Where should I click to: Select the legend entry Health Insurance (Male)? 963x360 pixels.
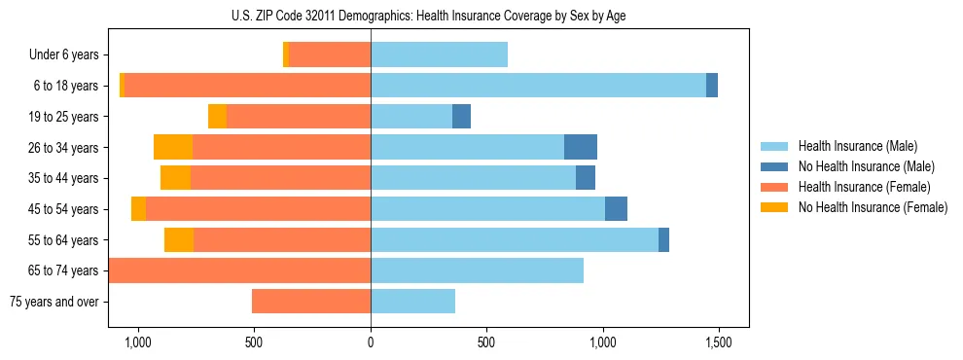(856, 146)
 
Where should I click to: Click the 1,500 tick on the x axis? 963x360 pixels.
(719, 342)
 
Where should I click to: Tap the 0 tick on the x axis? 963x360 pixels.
(371, 342)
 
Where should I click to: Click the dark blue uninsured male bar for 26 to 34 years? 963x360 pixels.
(581, 147)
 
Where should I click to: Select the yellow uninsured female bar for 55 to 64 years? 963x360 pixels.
(179, 239)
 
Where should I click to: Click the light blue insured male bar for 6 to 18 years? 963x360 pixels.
(538, 86)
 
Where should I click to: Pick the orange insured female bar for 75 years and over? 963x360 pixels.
(311, 302)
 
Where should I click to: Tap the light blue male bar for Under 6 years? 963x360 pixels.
(439, 54)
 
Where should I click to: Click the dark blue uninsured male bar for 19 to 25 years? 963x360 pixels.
(461, 117)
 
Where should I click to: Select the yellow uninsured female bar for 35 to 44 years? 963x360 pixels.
(175, 178)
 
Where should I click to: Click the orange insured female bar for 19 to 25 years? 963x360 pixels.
(299, 117)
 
